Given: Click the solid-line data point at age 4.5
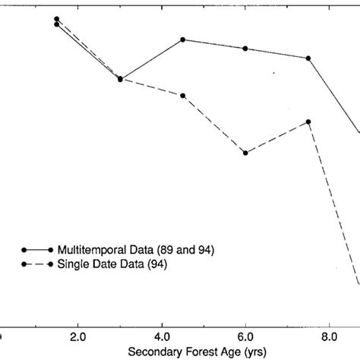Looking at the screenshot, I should pyautogui.click(x=183, y=39).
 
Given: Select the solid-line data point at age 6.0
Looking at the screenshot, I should pyautogui.click(x=245, y=49).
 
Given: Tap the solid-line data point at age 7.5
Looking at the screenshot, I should pyautogui.click(x=308, y=58).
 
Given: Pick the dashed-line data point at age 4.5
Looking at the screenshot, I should pyautogui.click(x=183, y=95).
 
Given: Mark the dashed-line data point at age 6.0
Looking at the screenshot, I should pyautogui.click(x=245, y=153).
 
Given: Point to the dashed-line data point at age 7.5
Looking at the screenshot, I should pyautogui.click(x=308, y=122).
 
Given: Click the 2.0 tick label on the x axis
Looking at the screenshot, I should pyautogui.click(x=77, y=335).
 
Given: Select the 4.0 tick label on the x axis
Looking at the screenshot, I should pyautogui.click(x=162, y=335).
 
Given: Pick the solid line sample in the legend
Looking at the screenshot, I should pyautogui.click(x=38, y=250).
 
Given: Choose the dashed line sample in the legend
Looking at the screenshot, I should pyautogui.click(x=38, y=264).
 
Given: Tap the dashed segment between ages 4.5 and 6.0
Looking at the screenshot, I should pyautogui.click(x=214, y=124).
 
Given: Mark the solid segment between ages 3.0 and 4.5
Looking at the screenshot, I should pyautogui.click(x=152, y=59).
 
